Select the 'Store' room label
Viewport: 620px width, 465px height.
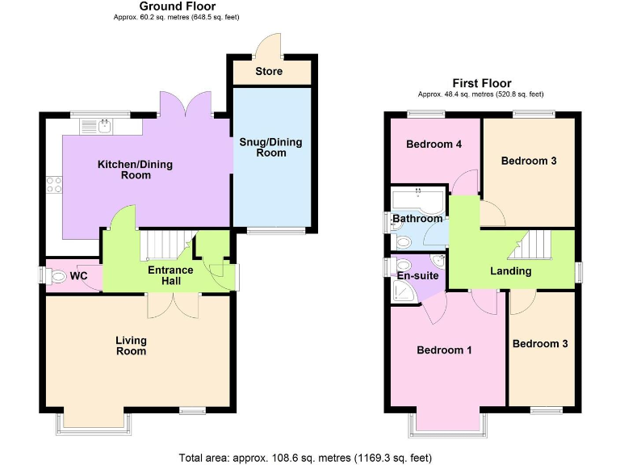click(x=269, y=71)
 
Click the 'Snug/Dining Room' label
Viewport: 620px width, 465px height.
click(x=270, y=148)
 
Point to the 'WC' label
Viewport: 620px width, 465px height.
click(x=78, y=276)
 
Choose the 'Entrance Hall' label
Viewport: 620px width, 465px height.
click(x=170, y=275)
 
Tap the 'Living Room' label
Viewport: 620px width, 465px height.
click(x=131, y=346)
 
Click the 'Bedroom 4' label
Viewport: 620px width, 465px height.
click(x=434, y=145)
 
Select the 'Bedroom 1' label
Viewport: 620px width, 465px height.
click(x=444, y=350)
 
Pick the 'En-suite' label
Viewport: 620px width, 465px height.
click(x=418, y=276)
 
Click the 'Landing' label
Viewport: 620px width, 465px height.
click(x=511, y=271)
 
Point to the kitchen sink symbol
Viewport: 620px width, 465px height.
click(x=105, y=126)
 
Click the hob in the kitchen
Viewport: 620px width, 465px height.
click(x=55, y=185)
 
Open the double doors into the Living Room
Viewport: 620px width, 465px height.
click(x=173, y=303)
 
